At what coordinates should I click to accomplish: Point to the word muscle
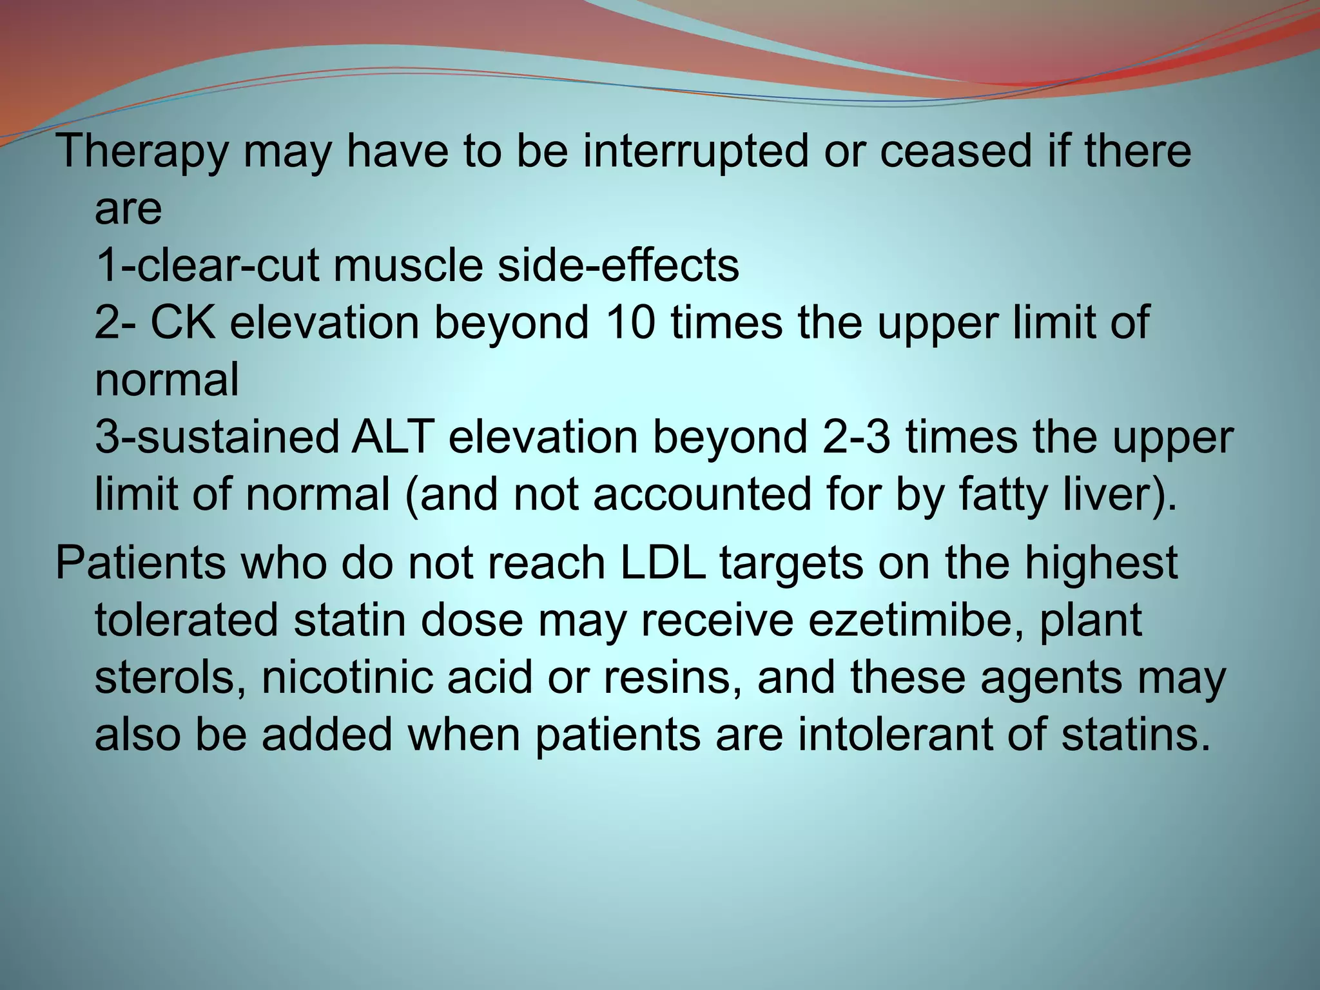click(x=407, y=266)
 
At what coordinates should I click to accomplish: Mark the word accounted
click(x=701, y=494)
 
